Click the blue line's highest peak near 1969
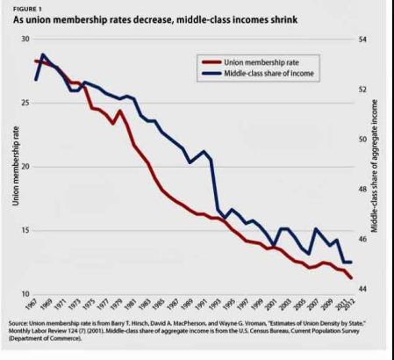coord(43,54)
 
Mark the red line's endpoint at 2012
coord(353,278)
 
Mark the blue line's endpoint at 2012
coord(353,263)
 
